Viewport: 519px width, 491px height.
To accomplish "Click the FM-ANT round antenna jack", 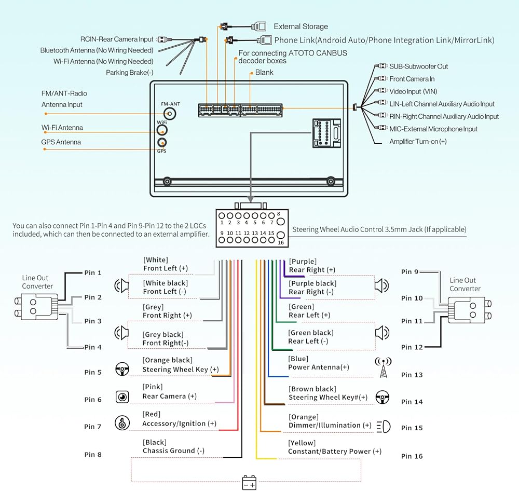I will [169, 114].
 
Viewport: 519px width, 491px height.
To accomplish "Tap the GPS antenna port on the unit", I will [162, 143].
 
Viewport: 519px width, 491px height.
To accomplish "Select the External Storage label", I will [301, 26].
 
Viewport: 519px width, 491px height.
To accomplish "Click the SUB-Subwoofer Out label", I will [418, 66].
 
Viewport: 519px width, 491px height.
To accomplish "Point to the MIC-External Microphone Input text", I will [433, 129].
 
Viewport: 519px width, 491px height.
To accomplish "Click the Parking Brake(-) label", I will [129, 73].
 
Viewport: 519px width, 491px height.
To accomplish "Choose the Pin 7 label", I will [93, 427].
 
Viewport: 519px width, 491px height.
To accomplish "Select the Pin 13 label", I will [412, 375].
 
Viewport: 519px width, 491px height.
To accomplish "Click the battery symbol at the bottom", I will [249, 483].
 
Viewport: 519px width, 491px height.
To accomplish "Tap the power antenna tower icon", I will [383, 367].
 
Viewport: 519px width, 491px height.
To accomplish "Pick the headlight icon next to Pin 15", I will [383, 427].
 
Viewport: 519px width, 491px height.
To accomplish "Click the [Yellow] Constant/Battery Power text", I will [334, 447].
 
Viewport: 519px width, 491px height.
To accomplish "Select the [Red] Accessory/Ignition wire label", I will [179, 419].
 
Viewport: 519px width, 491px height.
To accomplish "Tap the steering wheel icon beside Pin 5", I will [122, 369].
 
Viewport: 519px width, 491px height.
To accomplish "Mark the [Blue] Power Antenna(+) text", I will [318, 363].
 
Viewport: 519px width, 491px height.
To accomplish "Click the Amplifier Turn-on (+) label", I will [418, 141].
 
